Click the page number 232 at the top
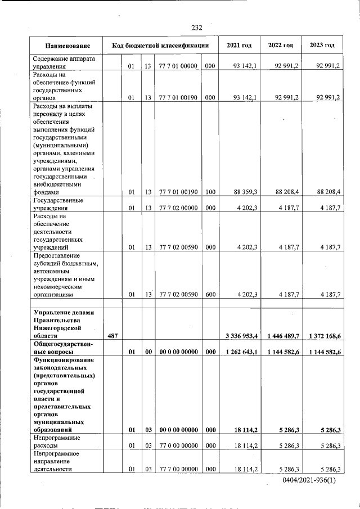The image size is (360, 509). click(196, 28)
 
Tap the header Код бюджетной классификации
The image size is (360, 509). click(160, 46)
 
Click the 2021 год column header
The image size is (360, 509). click(238, 46)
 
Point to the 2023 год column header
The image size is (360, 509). click(322, 46)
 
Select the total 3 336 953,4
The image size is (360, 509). click(241, 336)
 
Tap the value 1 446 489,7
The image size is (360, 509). click(282, 336)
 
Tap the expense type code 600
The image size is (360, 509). click(210, 294)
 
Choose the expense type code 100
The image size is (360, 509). click(210, 192)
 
